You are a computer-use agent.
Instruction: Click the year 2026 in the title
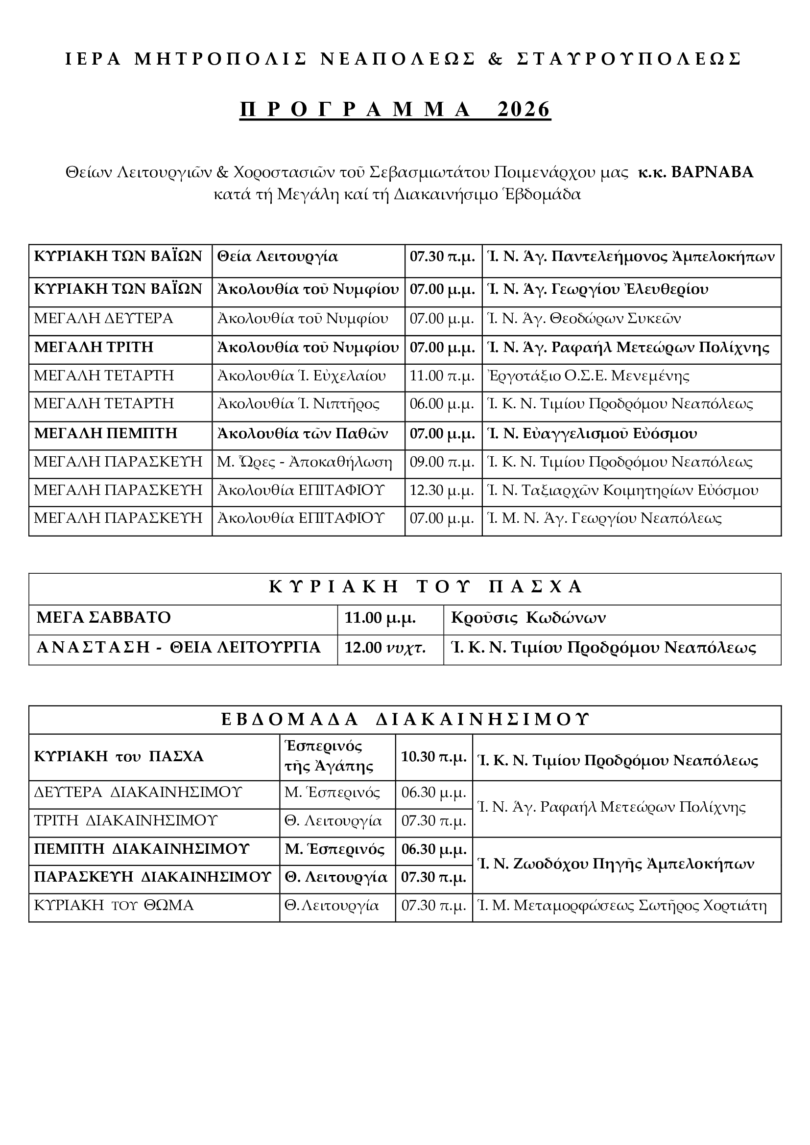coord(524,109)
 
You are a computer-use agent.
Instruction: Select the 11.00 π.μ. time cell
coord(441,375)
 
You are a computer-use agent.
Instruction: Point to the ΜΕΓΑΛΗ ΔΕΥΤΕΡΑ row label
coord(103,318)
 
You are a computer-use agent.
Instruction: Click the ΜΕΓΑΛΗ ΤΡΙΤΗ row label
coord(94,347)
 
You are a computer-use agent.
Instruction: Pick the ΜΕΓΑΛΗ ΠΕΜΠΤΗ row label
coord(106,433)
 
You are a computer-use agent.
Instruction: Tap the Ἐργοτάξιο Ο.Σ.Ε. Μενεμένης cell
coord(588,375)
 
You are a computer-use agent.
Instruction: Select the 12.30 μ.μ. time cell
coord(441,490)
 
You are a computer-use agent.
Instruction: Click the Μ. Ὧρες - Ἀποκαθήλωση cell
coord(305,462)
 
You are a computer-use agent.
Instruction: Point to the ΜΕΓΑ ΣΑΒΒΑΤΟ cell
coord(104,617)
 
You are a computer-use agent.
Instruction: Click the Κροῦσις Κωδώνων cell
coord(528,617)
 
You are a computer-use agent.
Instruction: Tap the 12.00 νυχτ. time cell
coord(385,647)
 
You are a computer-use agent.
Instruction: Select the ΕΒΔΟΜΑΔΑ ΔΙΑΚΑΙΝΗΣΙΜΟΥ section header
coord(405,719)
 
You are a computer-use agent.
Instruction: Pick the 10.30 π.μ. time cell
coord(434,756)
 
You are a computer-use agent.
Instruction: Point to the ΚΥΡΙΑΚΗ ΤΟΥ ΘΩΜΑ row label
coord(114,905)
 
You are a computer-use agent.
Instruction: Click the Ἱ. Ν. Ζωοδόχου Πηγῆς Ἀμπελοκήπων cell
coord(616,864)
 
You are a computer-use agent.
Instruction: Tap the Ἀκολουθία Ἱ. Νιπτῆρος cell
coord(298,403)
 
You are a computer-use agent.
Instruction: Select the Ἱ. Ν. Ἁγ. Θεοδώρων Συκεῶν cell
coord(584,318)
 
